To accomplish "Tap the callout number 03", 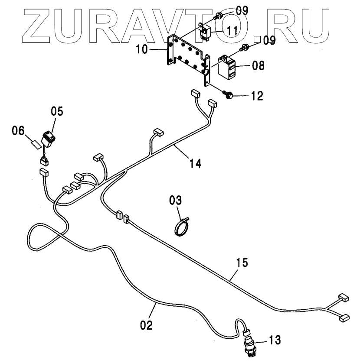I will pyautogui.click(x=176, y=200).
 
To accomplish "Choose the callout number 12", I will pyautogui.click(x=256, y=95).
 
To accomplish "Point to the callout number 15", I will pyautogui.click(x=243, y=263).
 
